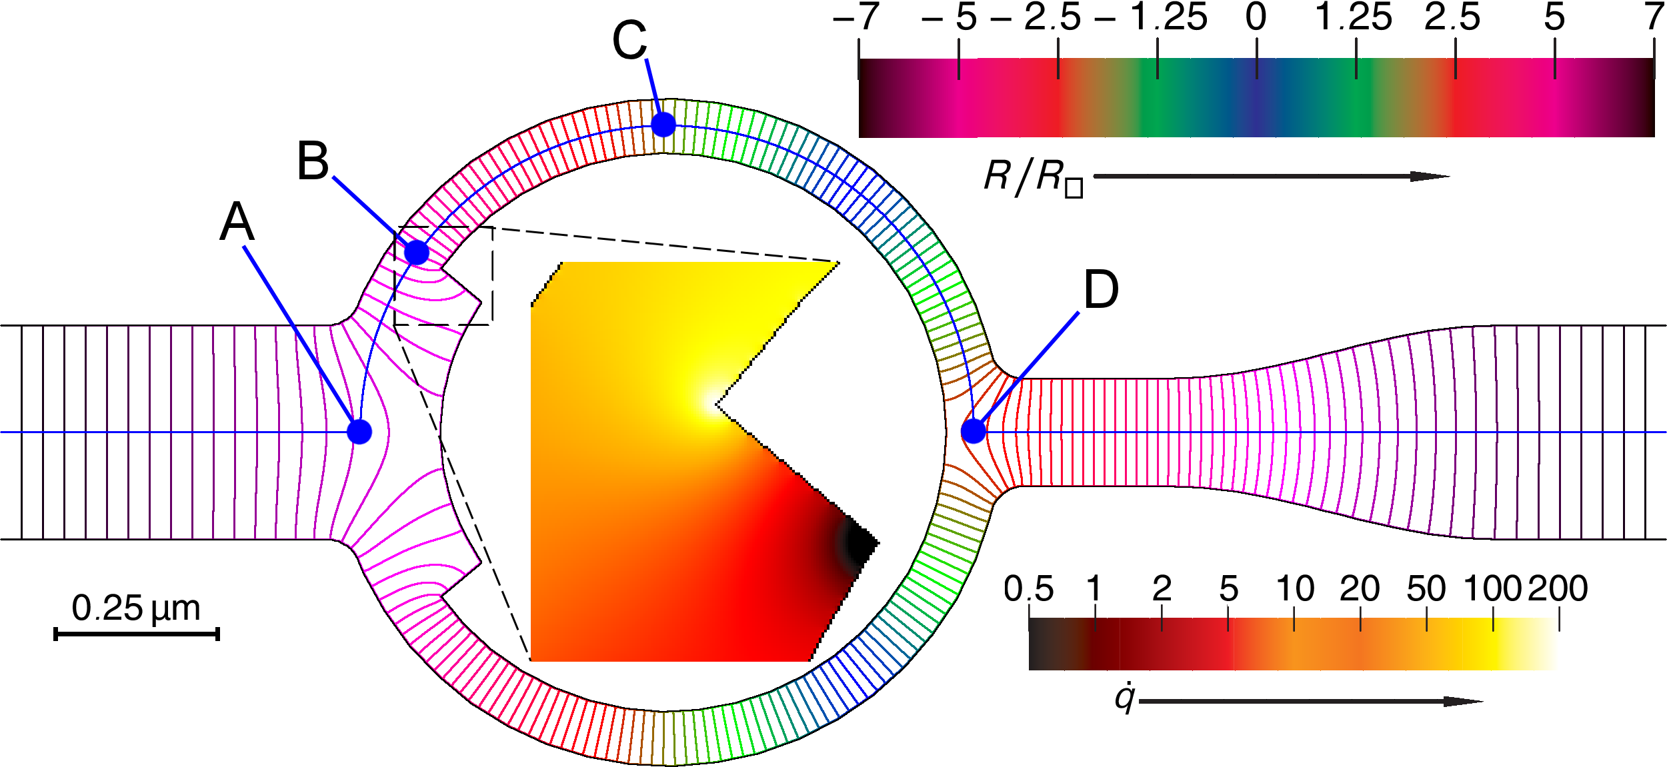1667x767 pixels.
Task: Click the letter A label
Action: click(237, 222)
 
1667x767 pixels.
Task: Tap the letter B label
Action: click(313, 161)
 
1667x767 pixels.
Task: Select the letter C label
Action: click(629, 40)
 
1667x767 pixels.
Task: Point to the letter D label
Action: click(1101, 290)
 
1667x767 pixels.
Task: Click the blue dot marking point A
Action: click(359, 432)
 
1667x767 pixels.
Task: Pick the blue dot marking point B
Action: click(417, 253)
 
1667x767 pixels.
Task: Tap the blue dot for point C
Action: click(663, 125)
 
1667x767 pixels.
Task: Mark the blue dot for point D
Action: click(974, 431)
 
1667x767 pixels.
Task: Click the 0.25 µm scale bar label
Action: click(136, 608)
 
